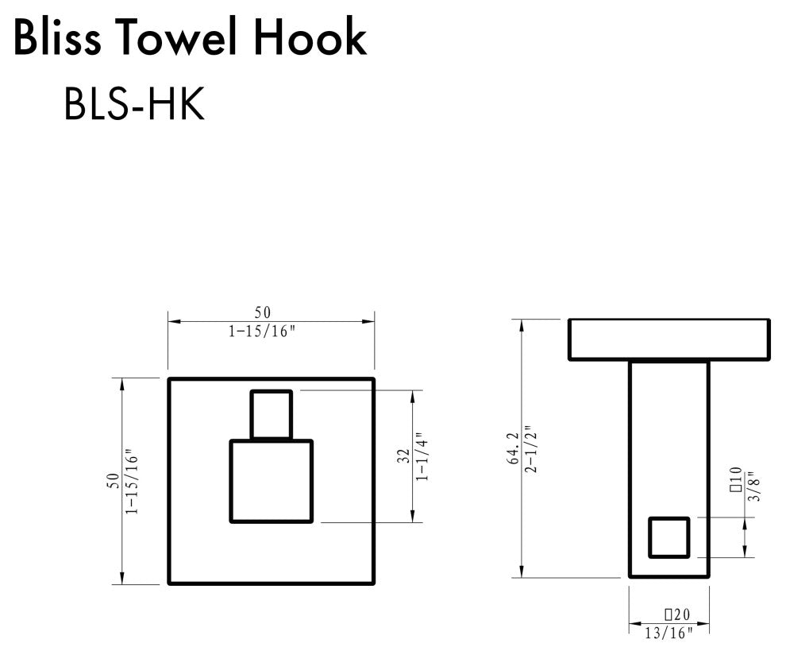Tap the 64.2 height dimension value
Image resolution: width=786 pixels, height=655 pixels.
click(x=514, y=448)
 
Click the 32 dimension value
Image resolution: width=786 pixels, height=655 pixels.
click(x=404, y=456)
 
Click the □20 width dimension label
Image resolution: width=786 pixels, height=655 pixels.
click(x=676, y=615)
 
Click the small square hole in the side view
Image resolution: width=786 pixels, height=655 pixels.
click(x=668, y=537)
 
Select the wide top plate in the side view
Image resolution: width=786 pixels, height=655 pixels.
click(x=668, y=339)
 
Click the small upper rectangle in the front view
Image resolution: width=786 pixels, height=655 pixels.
click(x=272, y=414)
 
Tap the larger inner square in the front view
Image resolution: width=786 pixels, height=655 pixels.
click(x=272, y=481)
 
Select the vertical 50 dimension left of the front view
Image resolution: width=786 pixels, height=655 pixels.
click(x=114, y=480)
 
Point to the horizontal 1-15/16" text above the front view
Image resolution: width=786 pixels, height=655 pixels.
click(x=262, y=331)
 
